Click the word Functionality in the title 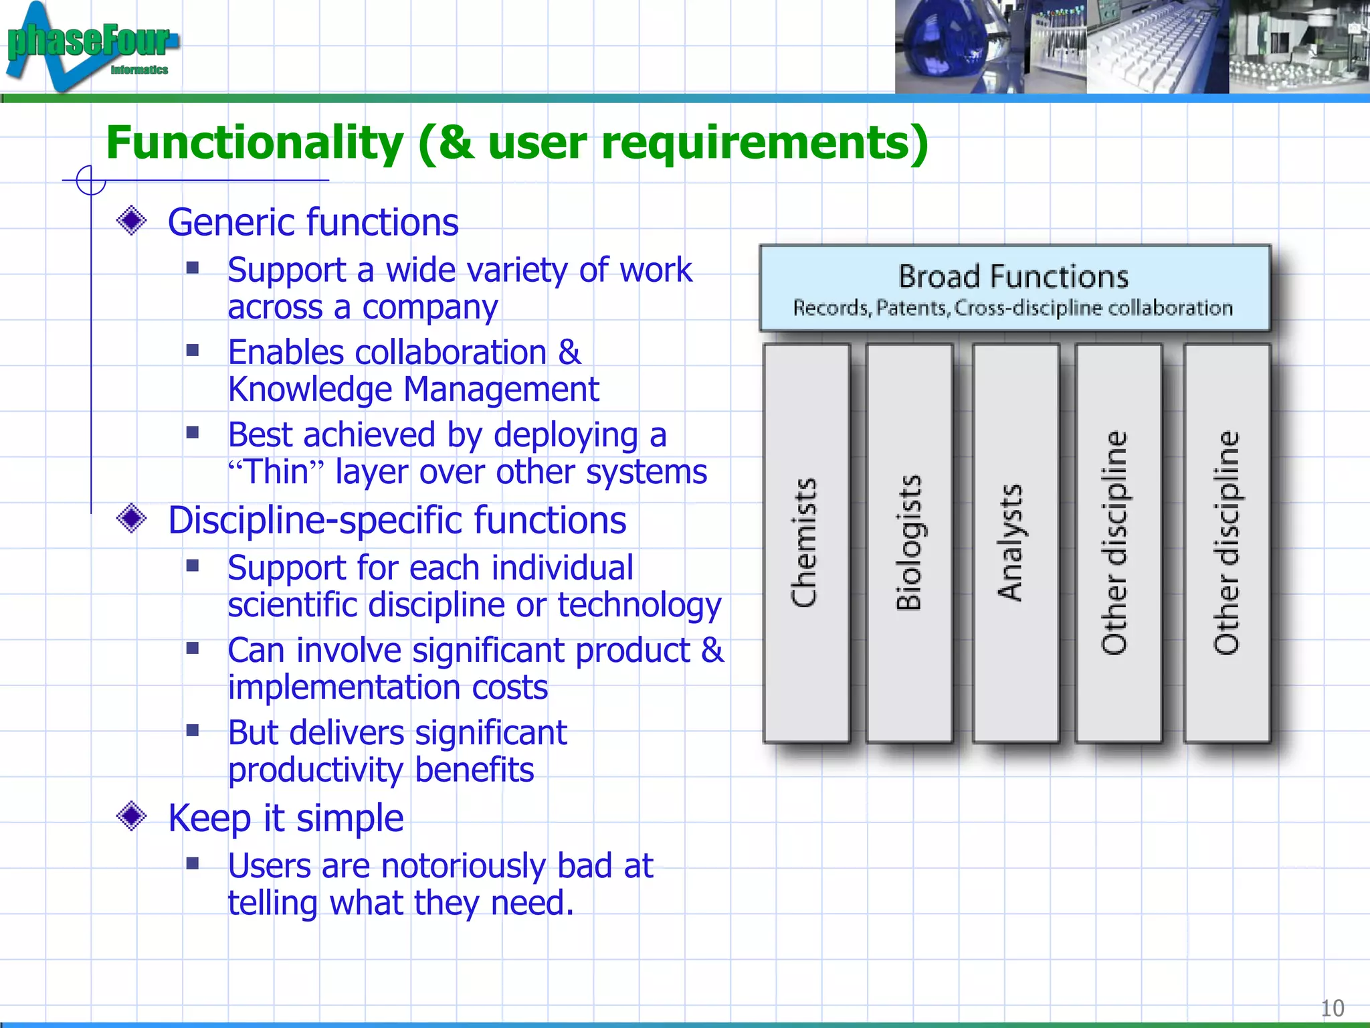[254, 143]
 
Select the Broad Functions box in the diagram [1014, 288]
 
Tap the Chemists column [806, 543]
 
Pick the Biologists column [909, 543]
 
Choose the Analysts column [1015, 543]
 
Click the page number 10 [1332, 1008]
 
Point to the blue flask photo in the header [943, 47]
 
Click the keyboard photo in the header [1157, 47]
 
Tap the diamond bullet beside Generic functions [131, 221]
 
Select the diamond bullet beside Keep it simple [131, 817]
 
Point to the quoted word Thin [276, 472]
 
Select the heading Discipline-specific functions [397, 520]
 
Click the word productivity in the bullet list [314, 770]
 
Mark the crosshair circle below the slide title [90, 180]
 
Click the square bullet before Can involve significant [193, 648]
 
